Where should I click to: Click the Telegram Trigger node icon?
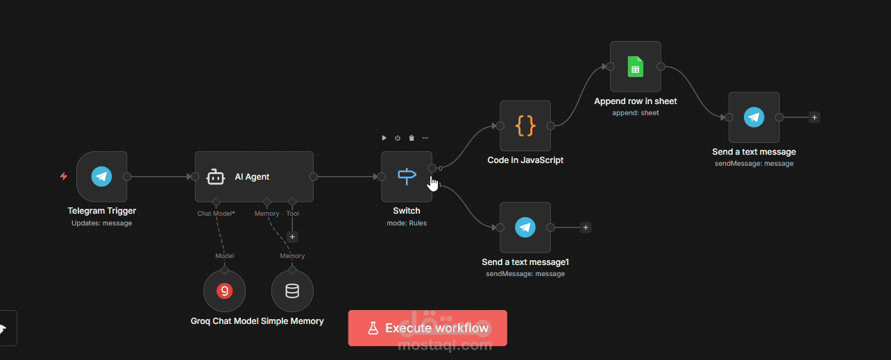(102, 176)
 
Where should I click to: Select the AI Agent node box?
(253, 177)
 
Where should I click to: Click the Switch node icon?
(407, 177)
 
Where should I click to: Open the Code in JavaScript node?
(525, 126)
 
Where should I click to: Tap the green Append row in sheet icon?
(636, 67)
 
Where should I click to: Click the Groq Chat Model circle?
(224, 291)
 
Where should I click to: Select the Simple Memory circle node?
(292, 291)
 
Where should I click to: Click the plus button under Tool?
(292, 237)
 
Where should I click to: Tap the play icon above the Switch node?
(384, 138)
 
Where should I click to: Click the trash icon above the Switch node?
(411, 138)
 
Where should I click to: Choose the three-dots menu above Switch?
(425, 138)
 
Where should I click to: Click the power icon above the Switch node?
(398, 138)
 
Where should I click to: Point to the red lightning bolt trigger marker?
(63, 176)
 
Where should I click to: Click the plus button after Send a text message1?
(586, 228)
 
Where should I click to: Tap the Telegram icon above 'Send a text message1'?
(525, 228)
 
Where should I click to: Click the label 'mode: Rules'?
(407, 223)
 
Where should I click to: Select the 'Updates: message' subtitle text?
(101, 223)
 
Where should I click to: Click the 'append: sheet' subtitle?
(636, 113)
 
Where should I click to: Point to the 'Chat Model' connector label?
(214, 214)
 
